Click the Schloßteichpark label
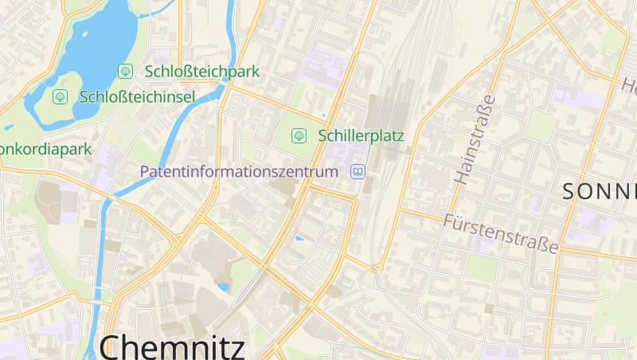pyautogui.click(x=202, y=72)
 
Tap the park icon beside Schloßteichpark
pyautogui.click(x=125, y=72)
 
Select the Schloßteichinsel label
pyautogui.click(x=138, y=97)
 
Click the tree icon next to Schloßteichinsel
pyautogui.click(x=60, y=97)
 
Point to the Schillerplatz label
pyautogui.click(x=361, y=135)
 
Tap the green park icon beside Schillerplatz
pyautogui.click(x=299, y=135)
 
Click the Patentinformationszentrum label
pyautogui.click(x=239, y=171)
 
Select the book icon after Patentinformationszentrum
pyautogui.click(x=358, y=171)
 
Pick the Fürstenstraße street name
pyautogui.click(x=502, y=233)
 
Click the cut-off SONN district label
pyautogui.click(x=599, y=191)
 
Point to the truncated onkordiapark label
pyautogui.click(x=45, y=149)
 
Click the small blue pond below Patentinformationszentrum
pyautogui.click(x=299, y=237)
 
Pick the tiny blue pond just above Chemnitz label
pyautogui.click(x=224, y=287)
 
